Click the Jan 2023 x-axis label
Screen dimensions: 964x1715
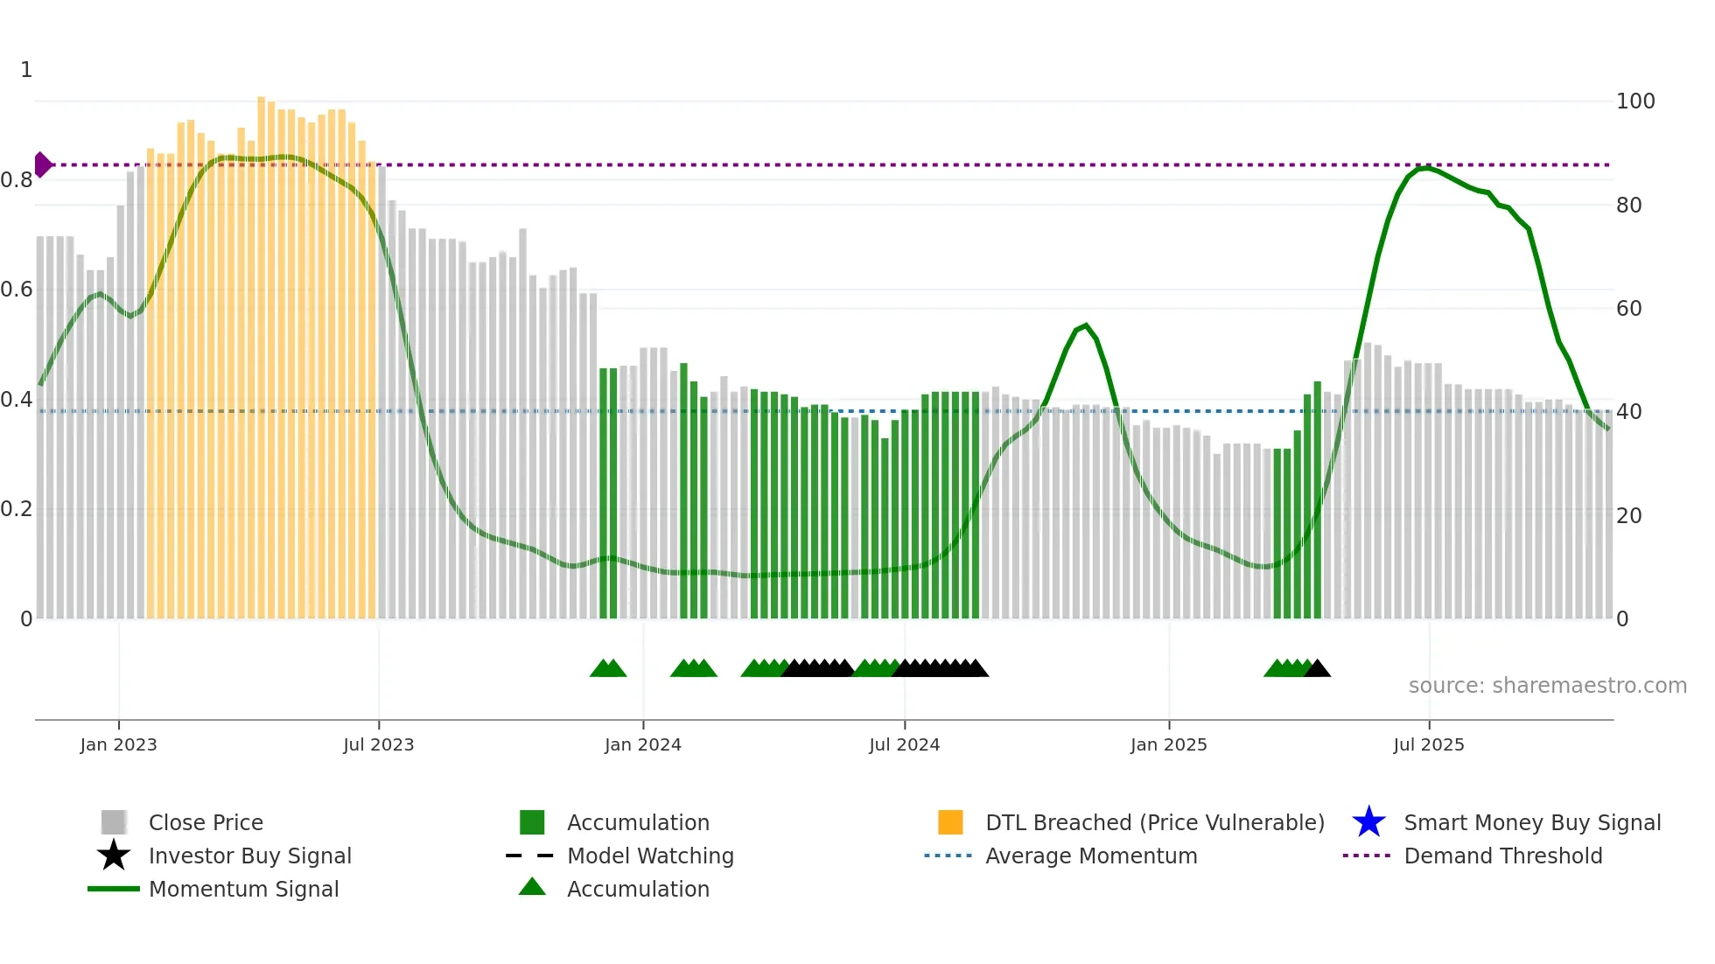tap(118, 744)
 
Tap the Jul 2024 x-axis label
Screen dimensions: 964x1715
tap(904, 744)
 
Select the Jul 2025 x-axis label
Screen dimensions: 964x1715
tap(1428, 744)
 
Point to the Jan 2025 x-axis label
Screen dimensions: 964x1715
tap(1168, 744)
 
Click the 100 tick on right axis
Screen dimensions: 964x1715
tap(1634, 101)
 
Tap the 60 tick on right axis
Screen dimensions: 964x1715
tap(1628, 309)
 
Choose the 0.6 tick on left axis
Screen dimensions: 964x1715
tap(17, 290)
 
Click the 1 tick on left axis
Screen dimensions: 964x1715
tap(26, 70)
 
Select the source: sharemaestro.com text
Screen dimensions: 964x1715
tap(1547, 686)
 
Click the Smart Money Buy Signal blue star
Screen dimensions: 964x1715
tap(1368, 822)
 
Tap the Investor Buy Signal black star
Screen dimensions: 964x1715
tap(114, 856)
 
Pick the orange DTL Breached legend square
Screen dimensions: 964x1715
tap(950, 822)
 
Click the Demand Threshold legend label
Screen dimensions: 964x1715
tap(1502, 856)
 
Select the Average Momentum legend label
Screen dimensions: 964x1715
tap(1090, 856)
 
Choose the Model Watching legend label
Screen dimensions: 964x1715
tap(650, 856)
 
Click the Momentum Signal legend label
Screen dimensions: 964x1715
tap(243, 889)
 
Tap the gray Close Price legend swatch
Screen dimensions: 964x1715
tap(114, 822)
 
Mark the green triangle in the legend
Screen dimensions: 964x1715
tap(532, 887)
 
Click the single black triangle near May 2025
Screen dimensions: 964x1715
tap(1317, 669)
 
